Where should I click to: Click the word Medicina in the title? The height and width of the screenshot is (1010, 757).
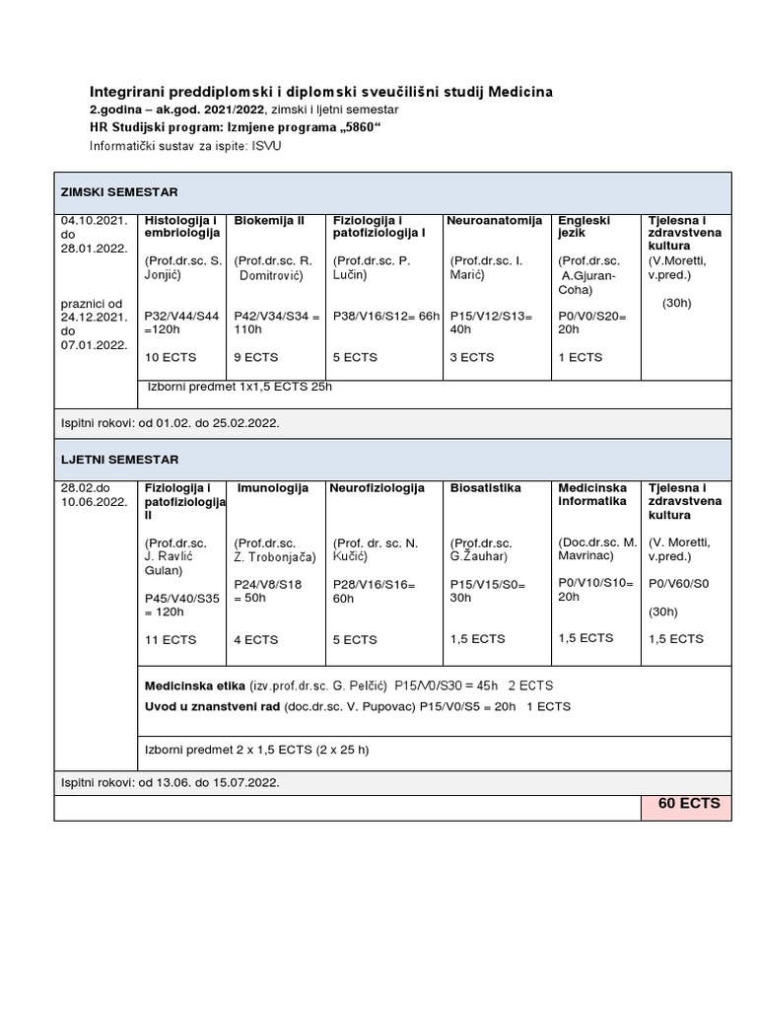[516, 92]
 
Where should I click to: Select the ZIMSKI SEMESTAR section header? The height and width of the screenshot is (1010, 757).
[119, 191]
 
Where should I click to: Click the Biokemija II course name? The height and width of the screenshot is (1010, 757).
[269, 220]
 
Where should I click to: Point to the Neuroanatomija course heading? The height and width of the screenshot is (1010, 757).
[494, 220]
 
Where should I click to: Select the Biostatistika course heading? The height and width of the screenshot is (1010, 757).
[486, 488]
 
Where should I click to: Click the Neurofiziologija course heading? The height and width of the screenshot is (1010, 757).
[377, 488]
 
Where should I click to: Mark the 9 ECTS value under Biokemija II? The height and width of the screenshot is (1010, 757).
[256, 357]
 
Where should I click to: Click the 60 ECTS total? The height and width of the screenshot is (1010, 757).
[688, 804]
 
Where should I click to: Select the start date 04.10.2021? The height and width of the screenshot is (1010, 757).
[94, 220]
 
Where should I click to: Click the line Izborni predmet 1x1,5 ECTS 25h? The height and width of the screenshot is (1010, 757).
[240, 387]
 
